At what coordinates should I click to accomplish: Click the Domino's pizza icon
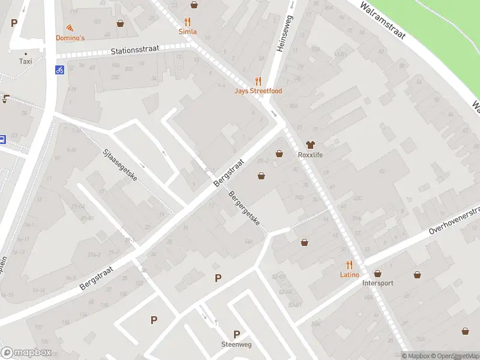click(70, 28)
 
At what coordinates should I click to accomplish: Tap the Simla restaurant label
click(188, 31)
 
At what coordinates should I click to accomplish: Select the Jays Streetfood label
click(258, 91)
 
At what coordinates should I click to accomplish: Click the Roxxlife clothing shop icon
click(310, 145)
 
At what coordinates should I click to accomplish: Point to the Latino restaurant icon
click(349, 265)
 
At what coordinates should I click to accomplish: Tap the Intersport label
click(378, 283)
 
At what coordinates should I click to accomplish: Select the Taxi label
click(26, 61)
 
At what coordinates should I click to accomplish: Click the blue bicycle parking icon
click(60, 69)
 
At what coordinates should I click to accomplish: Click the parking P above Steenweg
click(236, 334)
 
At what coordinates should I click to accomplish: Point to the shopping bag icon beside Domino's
click(121, 23)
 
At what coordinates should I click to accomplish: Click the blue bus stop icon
click(2, 139)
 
